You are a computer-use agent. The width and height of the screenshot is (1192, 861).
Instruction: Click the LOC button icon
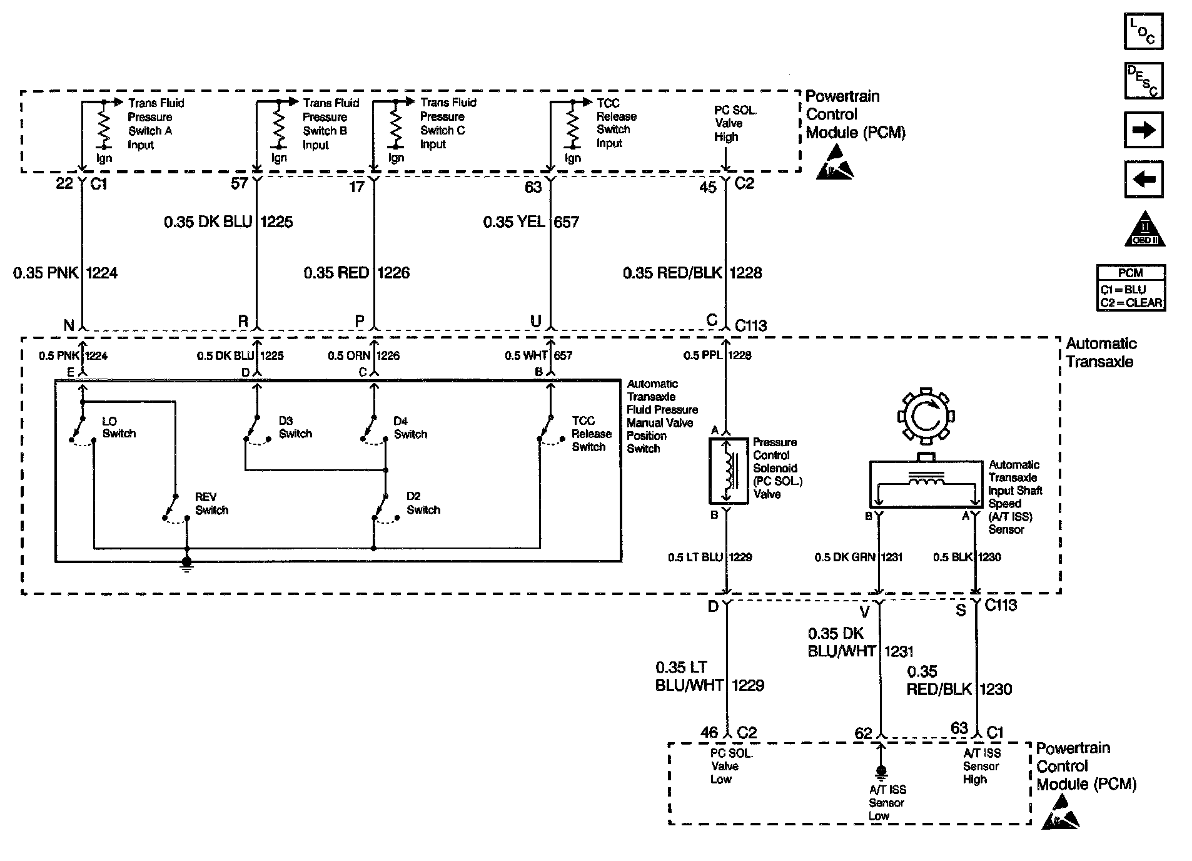click(x=1143, y=31)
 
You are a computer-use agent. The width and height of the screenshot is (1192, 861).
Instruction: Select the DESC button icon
click(x=1143, y=81)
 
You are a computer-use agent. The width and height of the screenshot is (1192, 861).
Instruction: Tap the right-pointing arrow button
click(x=1143, y=130)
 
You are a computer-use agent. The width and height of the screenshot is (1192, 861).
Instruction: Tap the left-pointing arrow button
click(x=1143, y=180)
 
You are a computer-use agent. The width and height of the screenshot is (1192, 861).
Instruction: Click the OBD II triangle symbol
click(x=1144, y=230)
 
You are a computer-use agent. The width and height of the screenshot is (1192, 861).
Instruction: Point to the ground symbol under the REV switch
click(x=186, y=564)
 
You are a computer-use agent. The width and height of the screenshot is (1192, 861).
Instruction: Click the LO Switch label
click(x=119, y=427)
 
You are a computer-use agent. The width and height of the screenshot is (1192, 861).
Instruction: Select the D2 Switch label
click(x=423, y=503)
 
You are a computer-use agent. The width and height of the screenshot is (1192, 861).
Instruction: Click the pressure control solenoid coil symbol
click(x=729, y=471)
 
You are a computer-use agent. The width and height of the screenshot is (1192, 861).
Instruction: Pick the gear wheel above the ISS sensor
click(x=926, y=416)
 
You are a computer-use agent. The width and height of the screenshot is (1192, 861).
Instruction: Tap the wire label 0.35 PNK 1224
click(x=65, y=273)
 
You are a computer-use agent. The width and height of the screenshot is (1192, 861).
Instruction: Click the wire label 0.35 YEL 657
click(x=530, y=222)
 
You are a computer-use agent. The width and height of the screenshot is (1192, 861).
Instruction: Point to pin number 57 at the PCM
click(x=240, y=183)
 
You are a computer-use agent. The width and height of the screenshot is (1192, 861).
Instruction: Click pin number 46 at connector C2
click(x=709, y=732)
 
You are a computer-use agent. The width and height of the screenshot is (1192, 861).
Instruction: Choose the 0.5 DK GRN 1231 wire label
click(x=858, y=557)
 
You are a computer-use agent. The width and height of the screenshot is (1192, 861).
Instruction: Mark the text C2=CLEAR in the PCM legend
click(x=1131, y=303)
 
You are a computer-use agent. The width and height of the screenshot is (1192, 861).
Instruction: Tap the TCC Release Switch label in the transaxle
click(x=591, y=434)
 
